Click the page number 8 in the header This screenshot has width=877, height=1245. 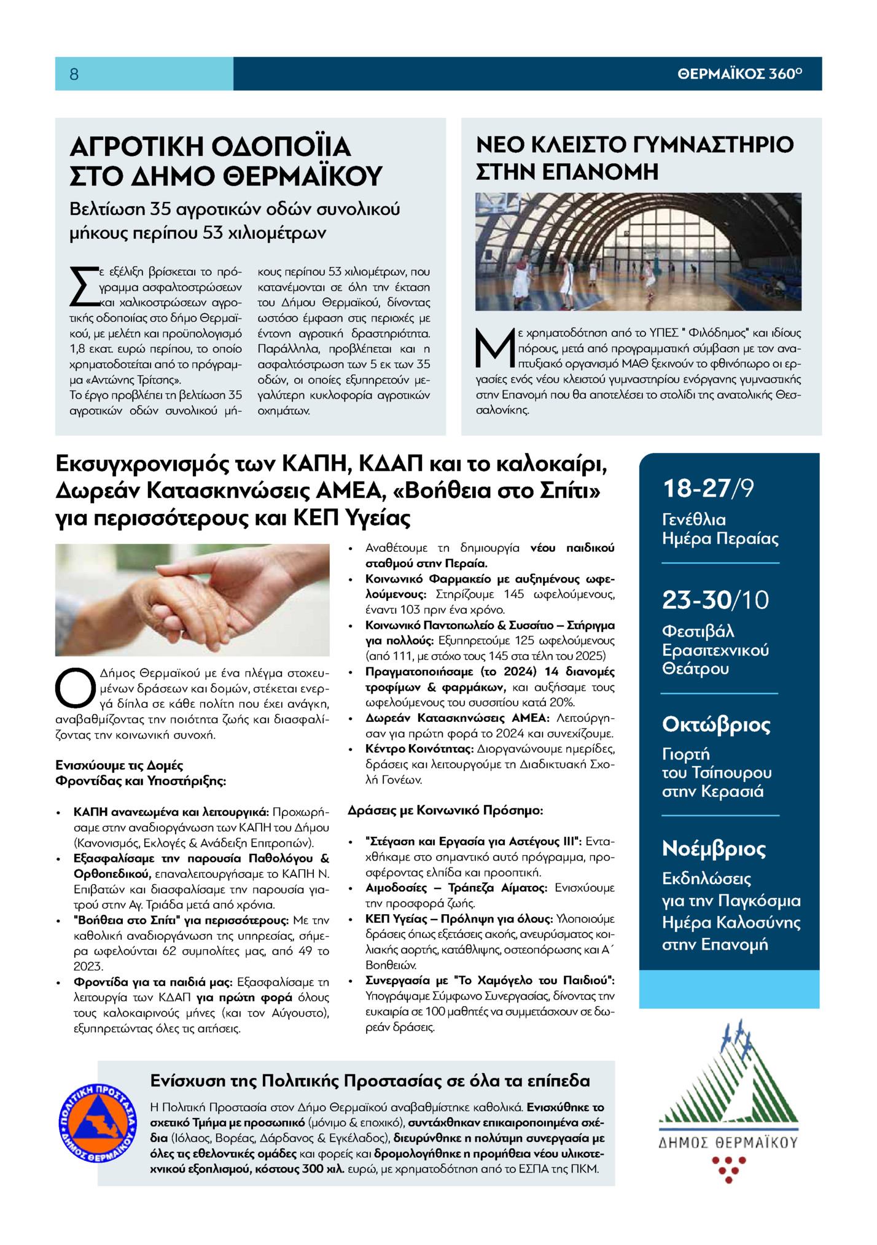point(74,74)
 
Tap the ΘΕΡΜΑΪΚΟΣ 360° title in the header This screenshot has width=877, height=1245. point(739,74)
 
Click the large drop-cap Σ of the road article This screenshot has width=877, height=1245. point(84,286)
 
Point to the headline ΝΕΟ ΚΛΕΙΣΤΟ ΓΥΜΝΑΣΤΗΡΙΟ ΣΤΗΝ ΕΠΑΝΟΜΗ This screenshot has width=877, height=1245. point(634,158)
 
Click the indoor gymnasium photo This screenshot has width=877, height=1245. point(637,251)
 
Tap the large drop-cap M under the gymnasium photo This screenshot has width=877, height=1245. point(495,347)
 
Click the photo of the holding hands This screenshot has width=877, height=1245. point(192,599)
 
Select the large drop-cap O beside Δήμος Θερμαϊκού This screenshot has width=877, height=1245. point(76,688)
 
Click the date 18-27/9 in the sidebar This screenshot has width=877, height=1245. point(707,489)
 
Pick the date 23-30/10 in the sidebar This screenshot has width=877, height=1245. point(715,600)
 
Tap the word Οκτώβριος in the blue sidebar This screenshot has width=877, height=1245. point(716,725)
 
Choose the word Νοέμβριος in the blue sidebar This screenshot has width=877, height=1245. point(714,848)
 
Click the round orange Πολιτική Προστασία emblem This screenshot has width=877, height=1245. point(98,1123)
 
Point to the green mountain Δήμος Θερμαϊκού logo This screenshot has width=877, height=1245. point(728,1074)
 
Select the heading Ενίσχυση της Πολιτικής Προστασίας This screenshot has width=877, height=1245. point(370,1080)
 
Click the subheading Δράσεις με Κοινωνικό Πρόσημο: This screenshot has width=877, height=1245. point(445,810)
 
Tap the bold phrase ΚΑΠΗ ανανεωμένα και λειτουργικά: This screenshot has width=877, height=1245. point(171,812)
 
